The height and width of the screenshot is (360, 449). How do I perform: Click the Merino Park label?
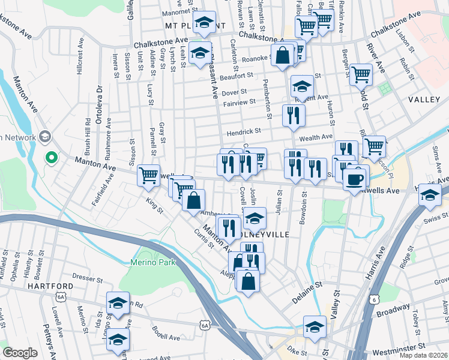point(153,262)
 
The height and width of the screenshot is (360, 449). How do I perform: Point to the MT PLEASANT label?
point(190,26)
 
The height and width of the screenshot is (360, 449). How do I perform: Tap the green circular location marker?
point(52,158)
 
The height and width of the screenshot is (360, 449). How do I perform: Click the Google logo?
point(20,353)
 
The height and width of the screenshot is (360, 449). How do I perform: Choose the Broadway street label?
point(393,312)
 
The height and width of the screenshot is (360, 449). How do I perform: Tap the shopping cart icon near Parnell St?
point(148,175)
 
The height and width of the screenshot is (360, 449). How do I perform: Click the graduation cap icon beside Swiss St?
point(430,195)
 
